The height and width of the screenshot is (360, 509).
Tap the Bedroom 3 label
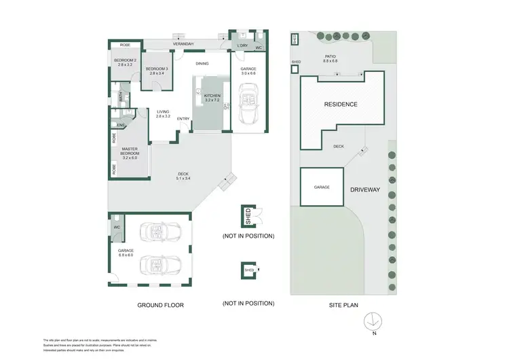(157, 69)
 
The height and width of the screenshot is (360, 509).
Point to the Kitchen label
(213, 98)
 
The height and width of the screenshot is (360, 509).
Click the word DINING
(202, 64)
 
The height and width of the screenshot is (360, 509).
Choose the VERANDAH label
(183, 44)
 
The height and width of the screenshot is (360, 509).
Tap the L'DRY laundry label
(242, 46)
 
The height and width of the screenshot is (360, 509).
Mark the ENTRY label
(183, 120)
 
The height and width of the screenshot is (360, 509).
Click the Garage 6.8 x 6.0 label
(127, 252)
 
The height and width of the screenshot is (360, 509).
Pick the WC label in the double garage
(117, 228)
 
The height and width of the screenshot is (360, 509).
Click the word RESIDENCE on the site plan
(341, 105)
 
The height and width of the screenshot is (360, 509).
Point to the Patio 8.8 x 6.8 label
(331, 58)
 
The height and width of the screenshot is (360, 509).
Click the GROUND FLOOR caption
(161, 305)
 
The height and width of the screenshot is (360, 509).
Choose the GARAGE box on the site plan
(322, 186)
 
